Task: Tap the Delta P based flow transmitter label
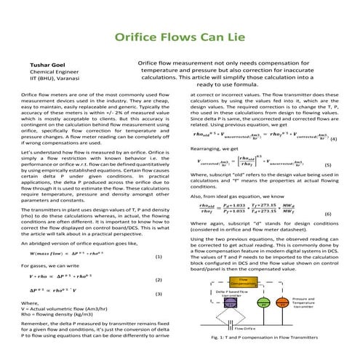click(x=233, y=294)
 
